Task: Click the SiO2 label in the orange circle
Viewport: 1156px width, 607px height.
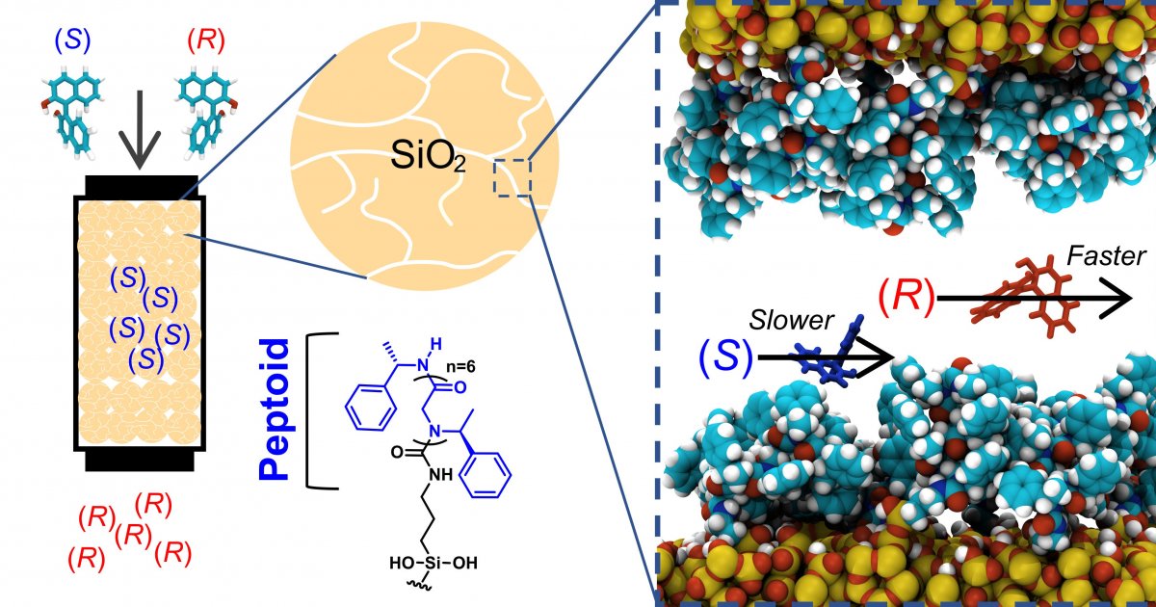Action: pos(429,156)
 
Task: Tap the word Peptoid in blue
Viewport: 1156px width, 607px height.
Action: pos(274,409)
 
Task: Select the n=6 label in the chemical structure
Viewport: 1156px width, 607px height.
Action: pos(460,367)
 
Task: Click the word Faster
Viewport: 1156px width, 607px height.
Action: pos(1106,256)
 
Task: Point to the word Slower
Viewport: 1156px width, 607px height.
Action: pos(791,321)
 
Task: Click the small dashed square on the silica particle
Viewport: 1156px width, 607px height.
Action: pos(512,178)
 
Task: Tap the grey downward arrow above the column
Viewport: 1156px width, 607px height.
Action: pos(140,130)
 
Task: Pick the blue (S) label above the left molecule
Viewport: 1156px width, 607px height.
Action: pos(73,40)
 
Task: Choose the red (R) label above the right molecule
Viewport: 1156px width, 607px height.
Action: pos(206,40)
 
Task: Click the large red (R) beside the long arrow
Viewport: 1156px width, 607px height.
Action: pos(906,298)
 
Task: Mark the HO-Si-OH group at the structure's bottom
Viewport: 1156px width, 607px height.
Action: pos(433,562)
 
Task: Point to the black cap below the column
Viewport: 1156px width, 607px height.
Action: pos(140,461)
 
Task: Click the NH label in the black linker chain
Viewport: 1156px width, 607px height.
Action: pos(441,474)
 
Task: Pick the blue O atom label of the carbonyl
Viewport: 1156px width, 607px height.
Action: pos(460,387)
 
